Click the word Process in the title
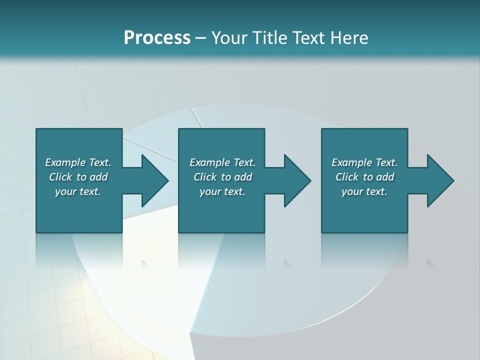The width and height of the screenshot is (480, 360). pos(157,38)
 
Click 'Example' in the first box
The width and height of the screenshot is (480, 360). pos(65,162)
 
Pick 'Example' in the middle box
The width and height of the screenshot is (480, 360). pos(209,162)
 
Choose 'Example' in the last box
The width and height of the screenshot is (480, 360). pos(351,162)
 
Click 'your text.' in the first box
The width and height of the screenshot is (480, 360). pos(78,191)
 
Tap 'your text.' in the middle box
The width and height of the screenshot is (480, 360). pos(222,191)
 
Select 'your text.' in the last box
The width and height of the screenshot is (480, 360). pos(364,191)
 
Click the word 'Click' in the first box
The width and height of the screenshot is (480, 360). pos(60,177)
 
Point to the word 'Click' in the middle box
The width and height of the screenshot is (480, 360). pos(204,177)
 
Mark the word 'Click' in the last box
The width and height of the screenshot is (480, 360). pos(346,177)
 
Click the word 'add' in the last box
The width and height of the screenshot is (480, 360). pos(385,177)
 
